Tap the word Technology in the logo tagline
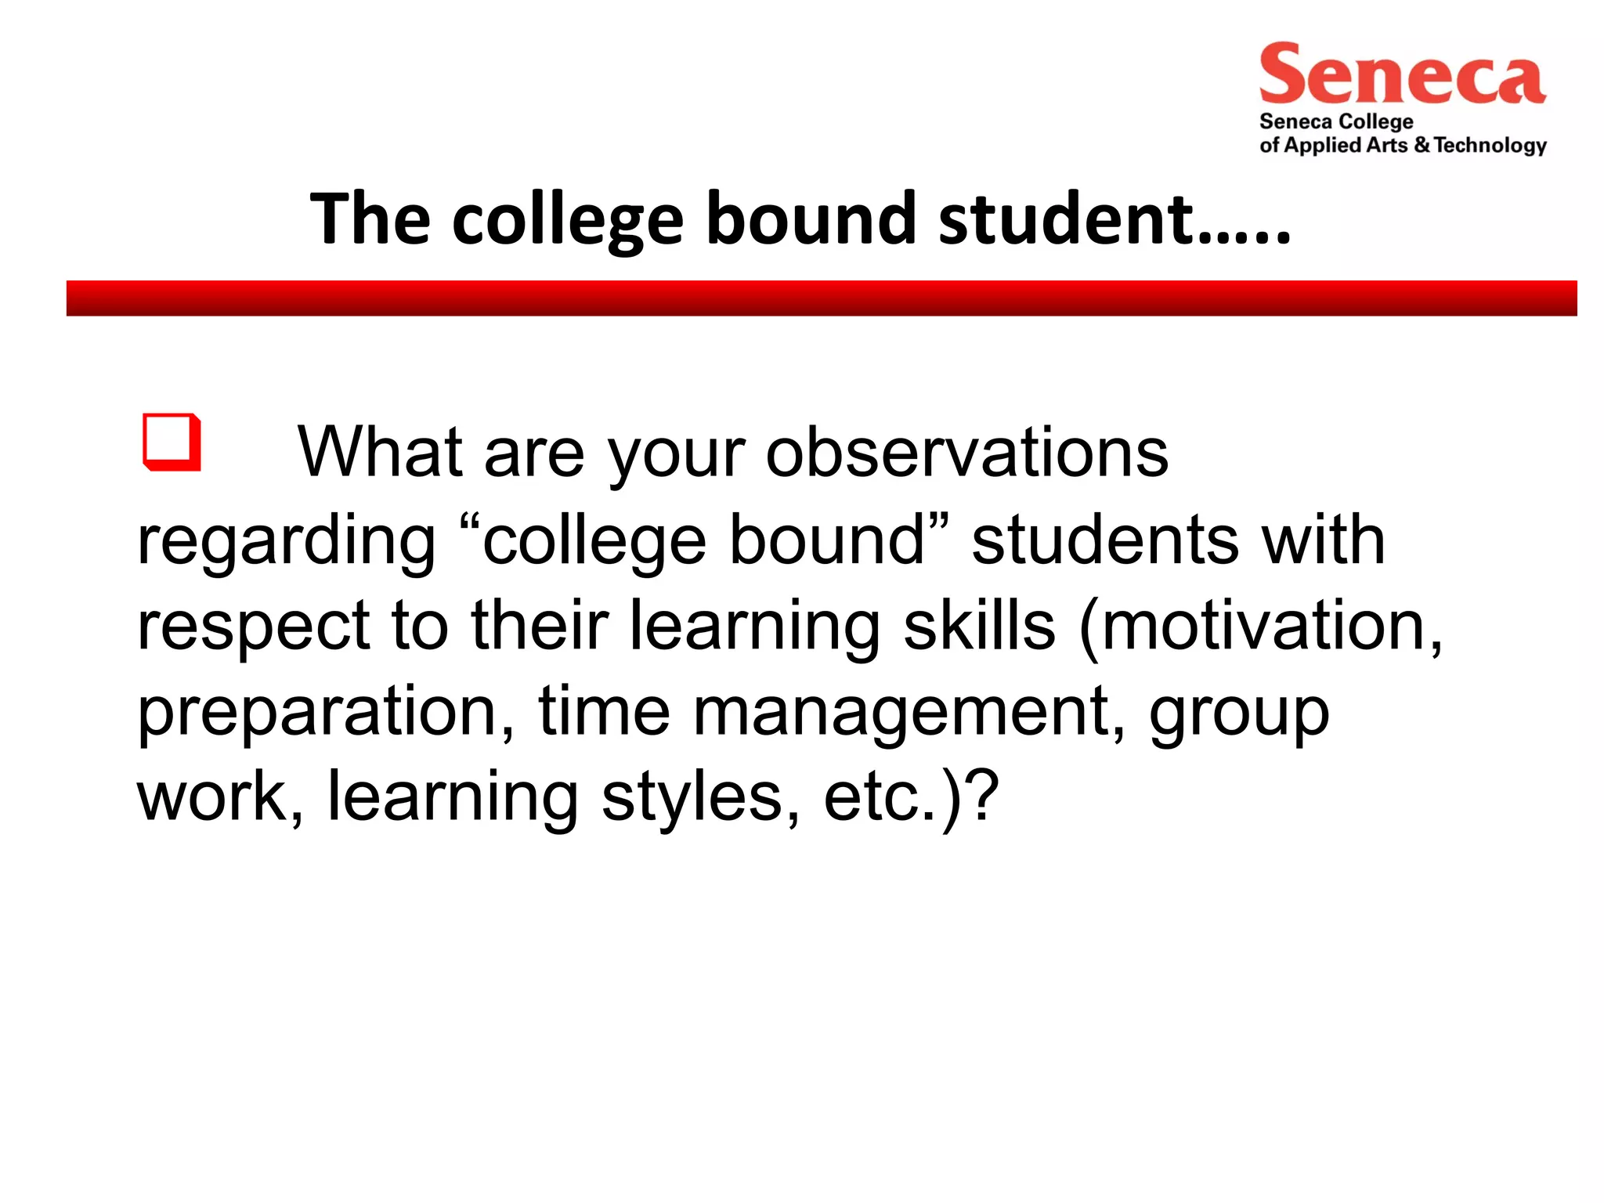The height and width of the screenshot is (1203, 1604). click(1490, 146)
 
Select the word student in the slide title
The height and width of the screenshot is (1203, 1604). click(1067, 219)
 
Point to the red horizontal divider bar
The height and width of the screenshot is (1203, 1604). click(822, 298)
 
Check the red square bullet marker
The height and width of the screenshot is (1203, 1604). click(172, 443)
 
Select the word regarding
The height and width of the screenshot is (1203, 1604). click(286, 542)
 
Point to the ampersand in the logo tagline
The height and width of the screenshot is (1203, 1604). click(1422, 146)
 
